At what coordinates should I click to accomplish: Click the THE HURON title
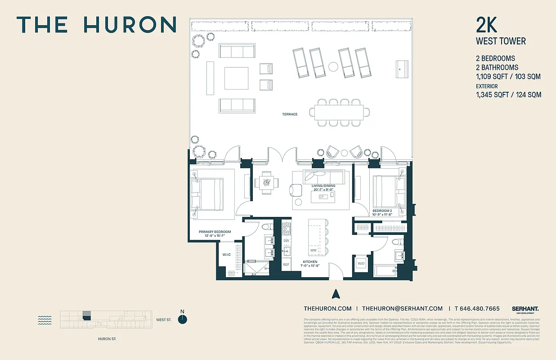(x=96, y=25)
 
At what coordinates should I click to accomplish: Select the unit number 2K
(x=487, y=25)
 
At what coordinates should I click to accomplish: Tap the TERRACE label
(x=290, y=114)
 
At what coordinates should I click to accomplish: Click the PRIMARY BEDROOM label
(x=215, y=232)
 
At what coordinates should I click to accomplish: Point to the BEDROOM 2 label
(x=382, y=211)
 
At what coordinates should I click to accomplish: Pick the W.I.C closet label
(x=227, y=255)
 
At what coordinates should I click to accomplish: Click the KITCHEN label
(x=309, y=261)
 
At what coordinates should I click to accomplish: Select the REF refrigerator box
(x=286, y=265)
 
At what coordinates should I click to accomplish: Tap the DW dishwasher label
(x=286, y=241)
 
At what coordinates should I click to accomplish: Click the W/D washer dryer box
(x=361, y=263)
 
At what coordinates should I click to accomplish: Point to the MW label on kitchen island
(x=313, y=250)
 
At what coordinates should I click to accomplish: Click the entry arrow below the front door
(x=335, y=294)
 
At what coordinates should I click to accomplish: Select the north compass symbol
(x=182, y=319)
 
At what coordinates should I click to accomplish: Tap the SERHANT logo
(x=525, y=309)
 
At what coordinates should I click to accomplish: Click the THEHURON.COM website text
(x=327, y=308)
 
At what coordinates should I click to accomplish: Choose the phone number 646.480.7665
(x=477, y=308)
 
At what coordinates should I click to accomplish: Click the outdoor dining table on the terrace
(x=339, y=112)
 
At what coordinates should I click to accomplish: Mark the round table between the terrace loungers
(x=333, y=67)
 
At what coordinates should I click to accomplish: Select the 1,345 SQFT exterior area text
(x=508, y=94)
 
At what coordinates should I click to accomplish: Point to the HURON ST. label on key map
(x=107, y=339)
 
